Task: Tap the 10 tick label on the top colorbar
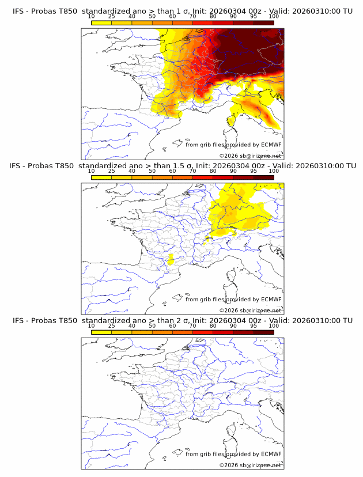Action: (x=92, y=17)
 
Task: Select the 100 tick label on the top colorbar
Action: (x=274, y=17)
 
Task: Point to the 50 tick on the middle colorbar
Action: (x=152, y=171)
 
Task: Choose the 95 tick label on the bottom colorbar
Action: (x=254, y=325)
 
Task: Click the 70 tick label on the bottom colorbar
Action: (x=192, y=325)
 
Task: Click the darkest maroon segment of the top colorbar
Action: (x=264, y=22)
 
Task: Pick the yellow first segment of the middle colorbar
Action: (x=101, y=177)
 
